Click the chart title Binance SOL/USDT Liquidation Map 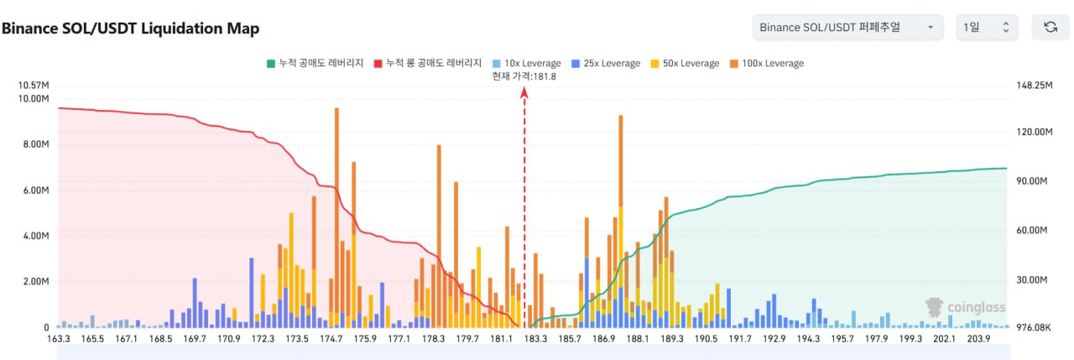click(x=131, y=28)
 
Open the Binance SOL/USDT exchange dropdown click(x=847, y=28)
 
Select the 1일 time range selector click(x=988, y=28)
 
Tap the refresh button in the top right click(x=1050, y=28)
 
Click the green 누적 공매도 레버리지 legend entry click(x=315, y=63)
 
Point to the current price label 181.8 click(x=524, y=76)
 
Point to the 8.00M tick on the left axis click(x=34, y=144)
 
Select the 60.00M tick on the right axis click(x=1033, y=230)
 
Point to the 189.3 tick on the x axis click(x=672, y=340)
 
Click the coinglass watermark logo click(x=965, y=307)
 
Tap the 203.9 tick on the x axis click(x=979, y=340)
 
